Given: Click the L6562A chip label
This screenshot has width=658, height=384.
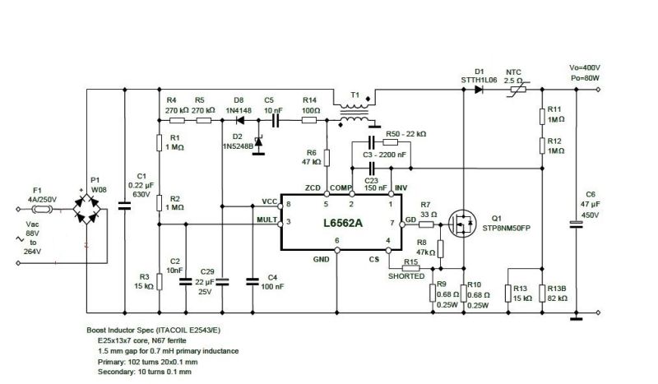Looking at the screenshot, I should tap(337, 224).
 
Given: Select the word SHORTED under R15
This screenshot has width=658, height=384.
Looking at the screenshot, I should tap(406, 276).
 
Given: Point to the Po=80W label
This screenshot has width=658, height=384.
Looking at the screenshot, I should tap(585, 77).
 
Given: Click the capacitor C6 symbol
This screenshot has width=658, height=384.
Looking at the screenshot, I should tap(575, 223).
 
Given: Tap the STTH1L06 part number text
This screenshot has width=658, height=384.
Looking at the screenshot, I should tap(480, 79).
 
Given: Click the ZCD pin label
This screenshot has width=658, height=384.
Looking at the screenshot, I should tap(313, 188).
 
